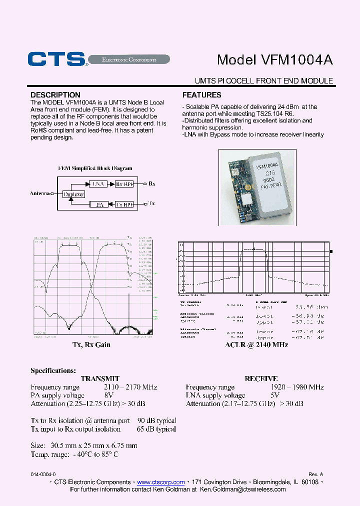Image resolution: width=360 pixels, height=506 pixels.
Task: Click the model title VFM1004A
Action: click(x=274, y=59)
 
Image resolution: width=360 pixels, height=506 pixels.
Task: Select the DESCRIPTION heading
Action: click(x=55, y=95)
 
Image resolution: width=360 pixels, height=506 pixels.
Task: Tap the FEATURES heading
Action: click(x=202, y=95)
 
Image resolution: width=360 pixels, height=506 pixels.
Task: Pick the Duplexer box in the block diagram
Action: click(x=74, y=194)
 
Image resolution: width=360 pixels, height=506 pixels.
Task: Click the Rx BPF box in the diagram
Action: click(x=124, y=184)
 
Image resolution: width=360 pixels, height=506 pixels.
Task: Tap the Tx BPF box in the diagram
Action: click(x=124, y=204)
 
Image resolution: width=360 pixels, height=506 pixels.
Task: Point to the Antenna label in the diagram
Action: click(x=40, y=193)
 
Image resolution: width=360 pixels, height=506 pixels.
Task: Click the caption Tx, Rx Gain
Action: click(x=91, y=344)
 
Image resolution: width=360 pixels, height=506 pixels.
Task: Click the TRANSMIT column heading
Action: click(x=100, y=379)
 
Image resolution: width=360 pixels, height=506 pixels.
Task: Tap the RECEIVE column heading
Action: click(x=261, y=379)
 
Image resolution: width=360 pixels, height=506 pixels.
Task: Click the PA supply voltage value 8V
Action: click(x=108, y=395)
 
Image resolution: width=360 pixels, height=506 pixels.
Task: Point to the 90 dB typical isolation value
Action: click(x=156, y=421)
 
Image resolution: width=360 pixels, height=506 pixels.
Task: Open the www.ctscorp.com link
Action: click(x=160, y=482)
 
